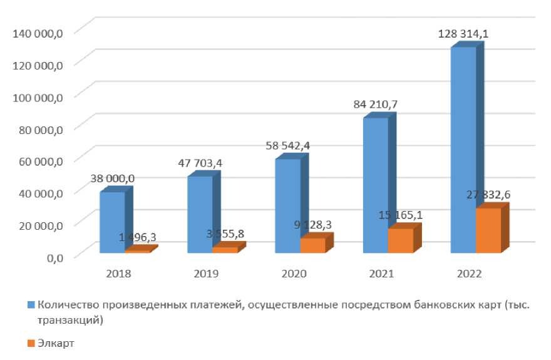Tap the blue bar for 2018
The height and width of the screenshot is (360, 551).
112,222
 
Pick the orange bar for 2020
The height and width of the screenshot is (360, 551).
312,245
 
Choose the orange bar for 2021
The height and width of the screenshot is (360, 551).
401,240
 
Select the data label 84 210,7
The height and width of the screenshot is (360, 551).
376,104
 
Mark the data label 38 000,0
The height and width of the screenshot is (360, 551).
113,178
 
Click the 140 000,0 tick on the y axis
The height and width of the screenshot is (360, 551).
38,33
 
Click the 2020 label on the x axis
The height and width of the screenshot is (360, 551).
294,274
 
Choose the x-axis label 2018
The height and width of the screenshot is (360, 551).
119,274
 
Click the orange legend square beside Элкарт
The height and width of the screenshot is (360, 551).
31,342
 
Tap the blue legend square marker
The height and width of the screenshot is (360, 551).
31,306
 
